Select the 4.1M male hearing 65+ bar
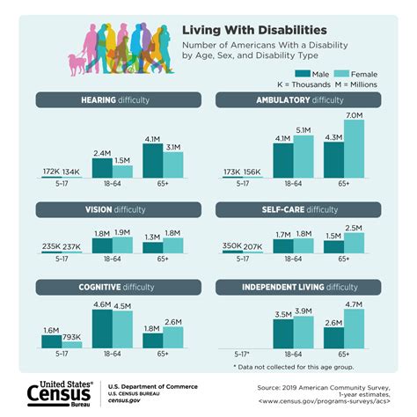click(152, 160)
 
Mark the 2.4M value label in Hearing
click(102, 151)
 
